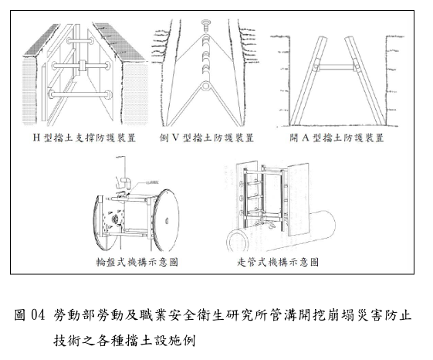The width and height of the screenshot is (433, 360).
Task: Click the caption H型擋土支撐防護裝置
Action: (84, 138)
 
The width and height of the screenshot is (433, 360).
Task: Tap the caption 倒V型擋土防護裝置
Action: (206, 138)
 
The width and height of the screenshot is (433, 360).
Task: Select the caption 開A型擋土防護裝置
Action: (337, 138)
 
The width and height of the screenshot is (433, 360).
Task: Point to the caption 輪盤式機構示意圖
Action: (137, 262)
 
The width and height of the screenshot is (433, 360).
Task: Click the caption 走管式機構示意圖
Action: (278, 262)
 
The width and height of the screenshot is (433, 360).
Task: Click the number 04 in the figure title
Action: (38, 315)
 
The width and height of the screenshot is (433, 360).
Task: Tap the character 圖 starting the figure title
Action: (20, 315)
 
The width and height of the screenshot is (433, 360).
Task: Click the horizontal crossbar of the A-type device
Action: (336, 67)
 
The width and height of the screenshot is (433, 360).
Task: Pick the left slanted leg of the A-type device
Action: (307, 81)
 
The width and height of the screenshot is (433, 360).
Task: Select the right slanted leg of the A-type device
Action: (365, 81)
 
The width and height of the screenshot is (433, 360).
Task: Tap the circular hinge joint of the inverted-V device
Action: (205, 86)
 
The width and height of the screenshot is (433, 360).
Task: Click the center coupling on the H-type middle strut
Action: (83, 66)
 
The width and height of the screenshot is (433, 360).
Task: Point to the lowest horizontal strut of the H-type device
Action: (80, 94)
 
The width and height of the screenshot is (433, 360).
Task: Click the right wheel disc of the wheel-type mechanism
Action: (166, 220)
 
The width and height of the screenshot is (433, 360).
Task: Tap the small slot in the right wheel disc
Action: (167, 221)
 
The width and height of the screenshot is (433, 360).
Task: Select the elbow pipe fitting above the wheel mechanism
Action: (125, 182)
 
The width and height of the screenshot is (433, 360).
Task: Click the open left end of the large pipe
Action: (238, 241)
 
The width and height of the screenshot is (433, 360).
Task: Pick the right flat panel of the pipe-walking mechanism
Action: (298, 199)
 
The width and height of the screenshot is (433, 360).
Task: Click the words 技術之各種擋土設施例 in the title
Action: (124, 341)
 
